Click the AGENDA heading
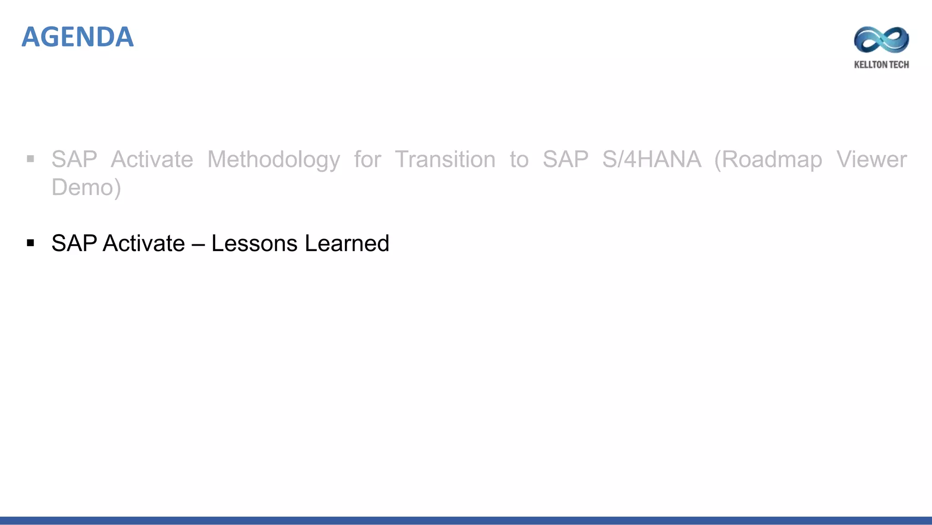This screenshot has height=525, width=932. (77, 37)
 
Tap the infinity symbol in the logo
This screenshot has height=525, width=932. (881, 40)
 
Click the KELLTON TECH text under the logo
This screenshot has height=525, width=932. (881, 65)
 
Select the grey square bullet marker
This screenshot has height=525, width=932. (30, 159)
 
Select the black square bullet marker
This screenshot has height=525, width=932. (30, 243)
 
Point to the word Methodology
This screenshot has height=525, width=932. (274, 160)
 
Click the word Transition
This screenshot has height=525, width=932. (445, 160)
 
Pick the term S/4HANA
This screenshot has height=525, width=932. (652, 160)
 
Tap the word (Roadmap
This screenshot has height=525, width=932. (768, 160)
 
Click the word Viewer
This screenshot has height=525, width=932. (871, 160)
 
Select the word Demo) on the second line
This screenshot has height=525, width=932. (86, 187)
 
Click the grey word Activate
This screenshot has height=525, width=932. (152, 160)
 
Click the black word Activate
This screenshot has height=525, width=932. (144, 243)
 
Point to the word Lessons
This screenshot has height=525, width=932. (254, 243)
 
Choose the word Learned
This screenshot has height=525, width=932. (347, 243)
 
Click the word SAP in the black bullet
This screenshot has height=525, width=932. (74, 243)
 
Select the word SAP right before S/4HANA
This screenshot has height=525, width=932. (565, 160)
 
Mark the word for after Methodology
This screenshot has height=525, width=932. (367, 160)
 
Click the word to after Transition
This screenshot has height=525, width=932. (519, 160)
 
